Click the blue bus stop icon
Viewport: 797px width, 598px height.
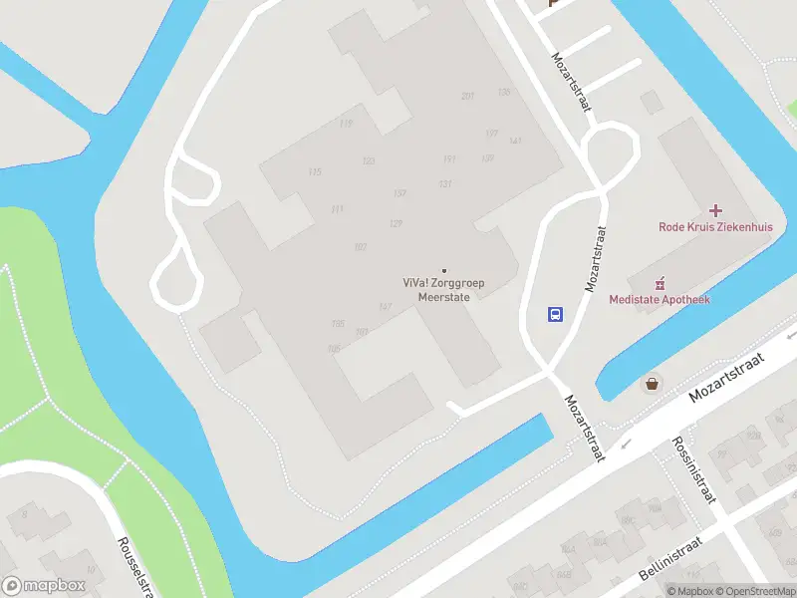pyautogui.click(x=555, y=313)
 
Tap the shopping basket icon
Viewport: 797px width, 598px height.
pyautogui.click(x=653, y=383)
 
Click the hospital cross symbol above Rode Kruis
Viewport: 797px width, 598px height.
pyautogui.click(x=715, y=210)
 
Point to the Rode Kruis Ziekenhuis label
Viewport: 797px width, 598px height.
pyautogui.click(x=715, y=227)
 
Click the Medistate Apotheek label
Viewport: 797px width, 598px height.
pyautogui.click(x=660, y=300)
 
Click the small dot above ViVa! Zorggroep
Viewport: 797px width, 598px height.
pyautogui.click(x=444, y=270)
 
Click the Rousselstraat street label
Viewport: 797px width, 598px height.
pyautogui.click(x=132, y=567)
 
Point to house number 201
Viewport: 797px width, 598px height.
pyautogui.click(x=467, y=96)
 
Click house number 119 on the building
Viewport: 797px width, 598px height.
pyautogui.click(x=346, y=124)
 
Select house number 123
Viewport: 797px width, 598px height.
pyautogui.click(x=369, y=161)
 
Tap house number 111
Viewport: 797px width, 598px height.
pyautogui.click(x=337, y=209)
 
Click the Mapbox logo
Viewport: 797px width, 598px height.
pyautogui.click(x=43, y=586)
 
